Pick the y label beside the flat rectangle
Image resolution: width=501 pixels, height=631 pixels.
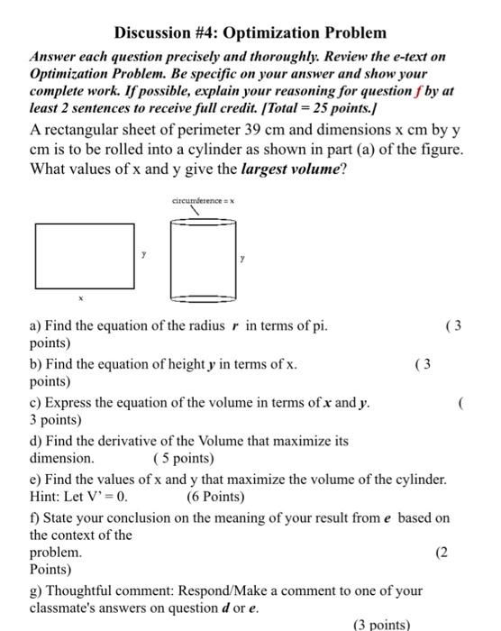141,256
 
